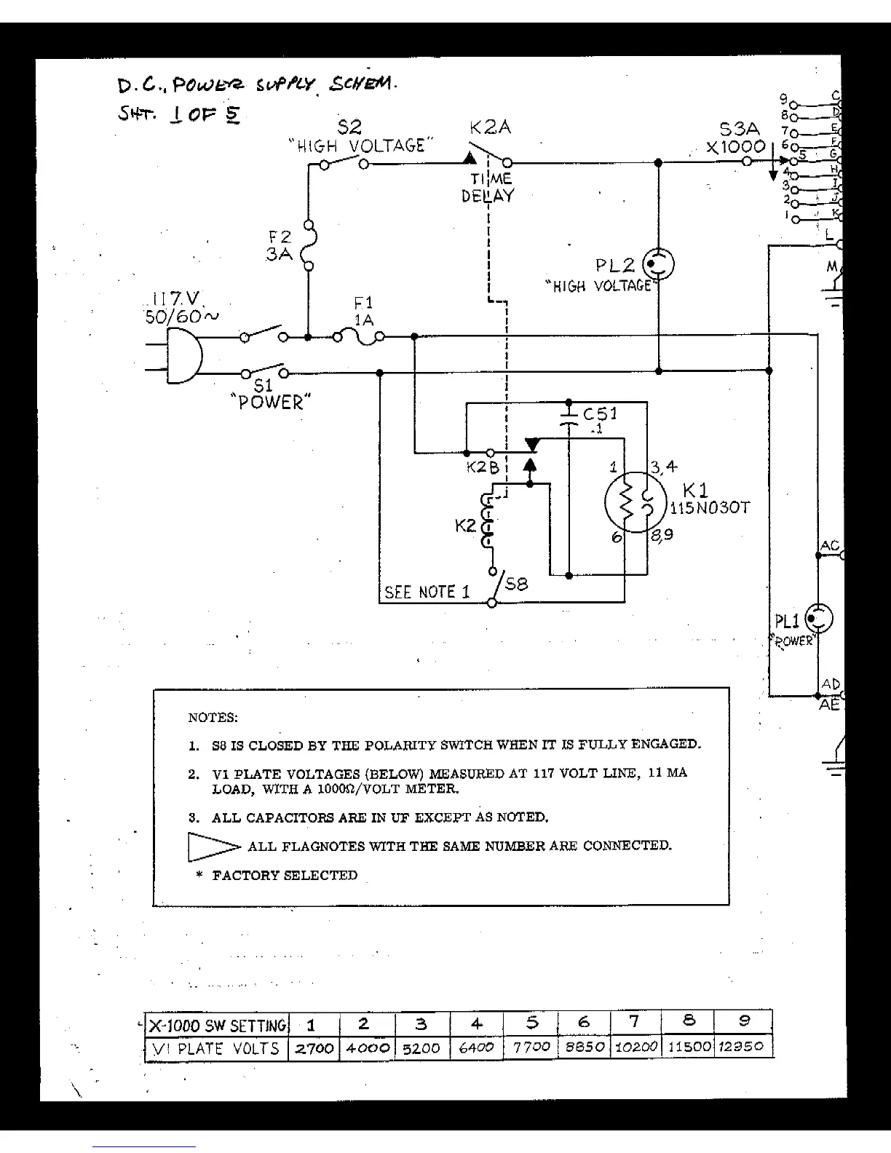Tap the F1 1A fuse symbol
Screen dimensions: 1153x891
359,336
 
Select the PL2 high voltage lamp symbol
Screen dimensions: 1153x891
660,265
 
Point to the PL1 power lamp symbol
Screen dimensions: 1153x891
820,619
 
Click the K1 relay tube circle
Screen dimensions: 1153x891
633,502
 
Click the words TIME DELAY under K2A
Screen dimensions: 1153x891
487,187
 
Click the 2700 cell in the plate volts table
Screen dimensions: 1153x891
313,1048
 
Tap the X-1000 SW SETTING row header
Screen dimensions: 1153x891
217,1026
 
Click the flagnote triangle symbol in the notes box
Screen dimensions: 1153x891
213,847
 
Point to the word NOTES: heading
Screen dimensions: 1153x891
213,718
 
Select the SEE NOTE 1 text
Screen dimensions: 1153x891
427,592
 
